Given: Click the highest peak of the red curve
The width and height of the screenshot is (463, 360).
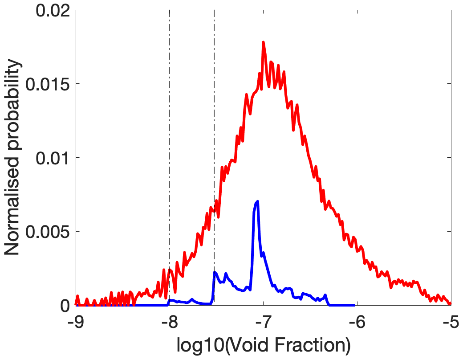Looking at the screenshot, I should point(263,42).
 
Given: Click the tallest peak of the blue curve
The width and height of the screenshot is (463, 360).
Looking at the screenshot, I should point(257,202).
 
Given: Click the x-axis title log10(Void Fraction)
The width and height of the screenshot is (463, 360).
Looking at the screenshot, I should point(263,345).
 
